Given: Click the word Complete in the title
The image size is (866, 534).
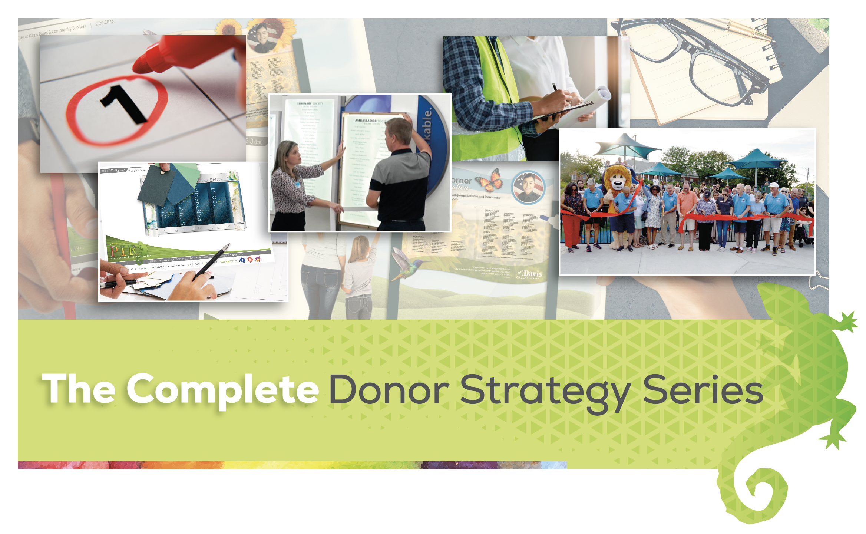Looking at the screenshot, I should coord(222,389).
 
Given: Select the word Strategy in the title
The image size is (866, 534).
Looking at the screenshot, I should coord(545,391).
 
